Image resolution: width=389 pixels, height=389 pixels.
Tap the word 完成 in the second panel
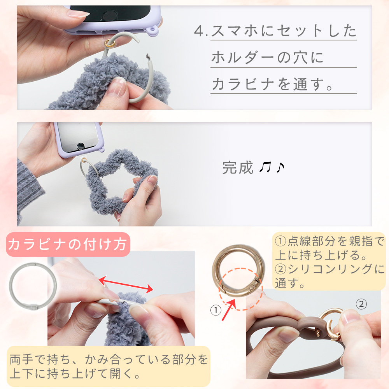[x=238, y=168]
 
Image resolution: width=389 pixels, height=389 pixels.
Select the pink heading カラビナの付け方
[x=67, y=245]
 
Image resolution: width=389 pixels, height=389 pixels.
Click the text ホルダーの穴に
[x=268, y=58]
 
